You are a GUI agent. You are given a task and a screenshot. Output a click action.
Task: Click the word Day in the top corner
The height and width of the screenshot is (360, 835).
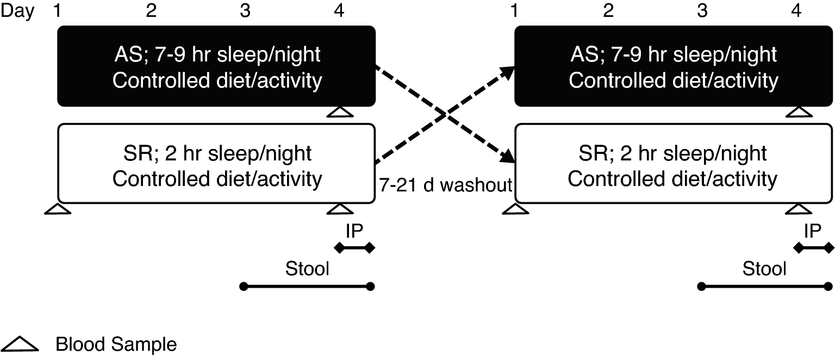click(18, 11)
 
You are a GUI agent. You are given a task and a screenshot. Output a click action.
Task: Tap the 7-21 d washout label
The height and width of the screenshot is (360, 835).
click(445, 185)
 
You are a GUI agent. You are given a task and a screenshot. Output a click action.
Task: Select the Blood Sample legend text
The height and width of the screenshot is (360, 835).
click(116, 345)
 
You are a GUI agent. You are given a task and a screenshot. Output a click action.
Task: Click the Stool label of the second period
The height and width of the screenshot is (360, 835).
click(764, 268)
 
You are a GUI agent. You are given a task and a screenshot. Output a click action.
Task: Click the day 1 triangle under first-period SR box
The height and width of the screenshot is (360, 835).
click(57, 209)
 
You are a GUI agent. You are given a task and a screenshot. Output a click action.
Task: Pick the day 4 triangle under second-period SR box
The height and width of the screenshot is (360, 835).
click(797, 209)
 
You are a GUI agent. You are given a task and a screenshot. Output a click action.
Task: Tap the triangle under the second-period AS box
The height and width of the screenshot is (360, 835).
click(797, 112)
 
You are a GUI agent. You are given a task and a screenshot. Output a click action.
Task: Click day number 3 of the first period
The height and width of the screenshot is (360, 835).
click(246, 11)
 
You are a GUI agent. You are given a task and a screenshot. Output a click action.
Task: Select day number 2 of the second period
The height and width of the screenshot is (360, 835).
click(608, 11)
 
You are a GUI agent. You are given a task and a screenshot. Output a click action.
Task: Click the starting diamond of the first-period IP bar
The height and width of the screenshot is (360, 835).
click(339, 249)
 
